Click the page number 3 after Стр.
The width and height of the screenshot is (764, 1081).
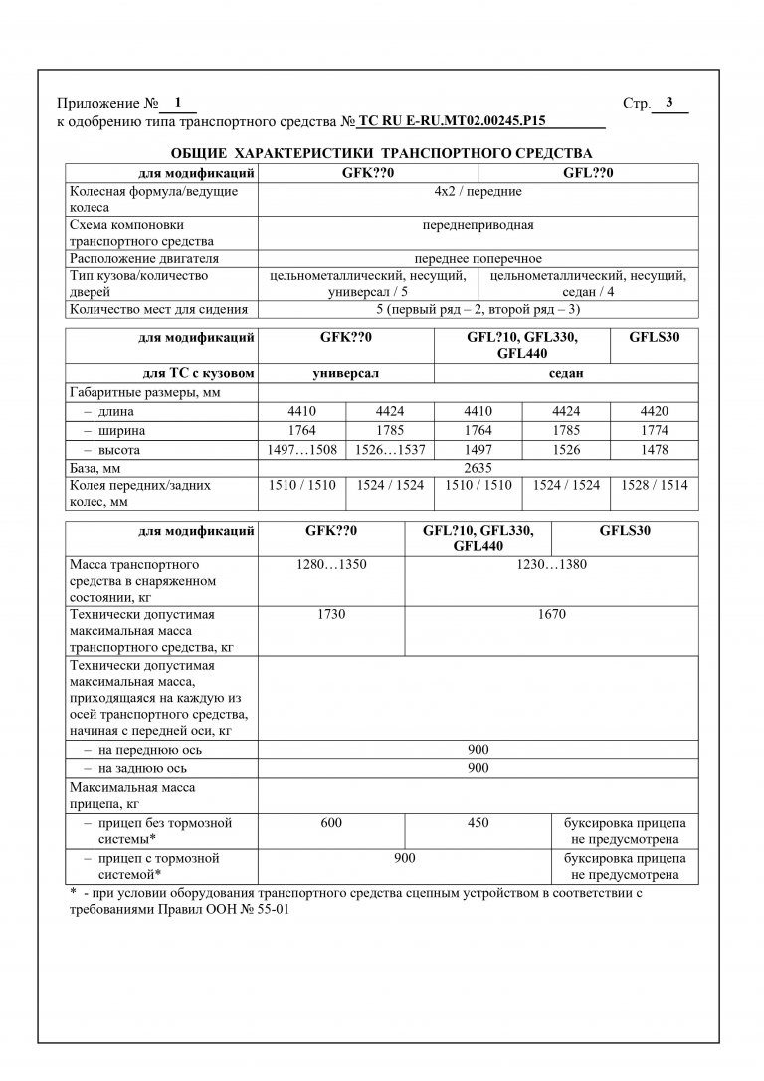click(669, 102)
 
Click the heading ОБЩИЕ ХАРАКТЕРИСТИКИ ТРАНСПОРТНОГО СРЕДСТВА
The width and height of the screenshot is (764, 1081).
click(381, 154)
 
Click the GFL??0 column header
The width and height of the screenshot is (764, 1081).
click(588, 172)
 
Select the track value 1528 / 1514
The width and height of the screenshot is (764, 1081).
click(653, 485)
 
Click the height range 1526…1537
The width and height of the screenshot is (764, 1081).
click(389, 450)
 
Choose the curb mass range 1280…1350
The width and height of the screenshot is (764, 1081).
click(331, 565)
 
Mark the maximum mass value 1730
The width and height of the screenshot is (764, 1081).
click(331, 614)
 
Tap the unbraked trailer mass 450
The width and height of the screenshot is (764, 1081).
click(477, 824)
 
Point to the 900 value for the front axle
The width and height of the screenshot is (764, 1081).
click(477, 750)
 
